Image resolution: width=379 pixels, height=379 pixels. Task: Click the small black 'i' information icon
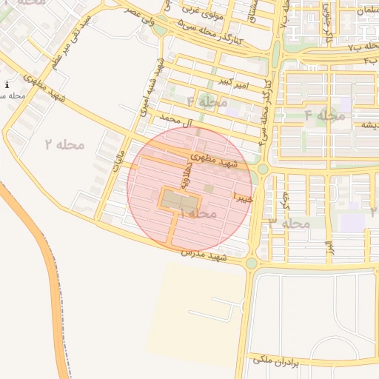pos(7,85)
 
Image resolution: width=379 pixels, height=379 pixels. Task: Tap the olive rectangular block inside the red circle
pos(181,200)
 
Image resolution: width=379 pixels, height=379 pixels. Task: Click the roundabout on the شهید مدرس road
pos(252,263)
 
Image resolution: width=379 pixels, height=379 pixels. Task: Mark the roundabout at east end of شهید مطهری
pos(263,170)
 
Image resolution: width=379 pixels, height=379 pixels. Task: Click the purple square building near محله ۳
pos(352,223)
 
